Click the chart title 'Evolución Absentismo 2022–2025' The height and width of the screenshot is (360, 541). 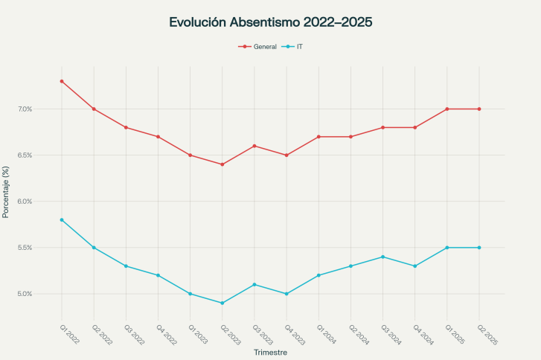(x=270, y=22)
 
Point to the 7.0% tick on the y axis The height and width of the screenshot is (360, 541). (x=25, y=109)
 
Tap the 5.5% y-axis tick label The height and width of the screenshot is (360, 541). (x=25, y=248)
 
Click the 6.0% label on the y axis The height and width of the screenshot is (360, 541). (x=25, y=202)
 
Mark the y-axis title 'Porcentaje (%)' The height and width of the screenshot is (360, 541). (x=6, y=192)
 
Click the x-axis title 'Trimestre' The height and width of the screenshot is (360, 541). (x=270, y=352)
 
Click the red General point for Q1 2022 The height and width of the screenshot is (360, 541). (x=62, y=81)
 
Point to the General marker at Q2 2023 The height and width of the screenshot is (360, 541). (x=223, y=164)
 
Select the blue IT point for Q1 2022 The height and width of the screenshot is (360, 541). (x=62, y=220)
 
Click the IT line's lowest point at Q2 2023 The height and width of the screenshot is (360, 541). (x=223, y=303)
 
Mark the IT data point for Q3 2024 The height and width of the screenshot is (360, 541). (x=382, y=257)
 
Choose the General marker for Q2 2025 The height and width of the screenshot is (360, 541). (x=479, y=109)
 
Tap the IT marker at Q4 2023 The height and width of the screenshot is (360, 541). (x=286, y=294)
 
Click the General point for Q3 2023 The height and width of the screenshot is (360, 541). (x=255, y=146)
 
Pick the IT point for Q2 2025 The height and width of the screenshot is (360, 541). (x=479, y=248)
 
